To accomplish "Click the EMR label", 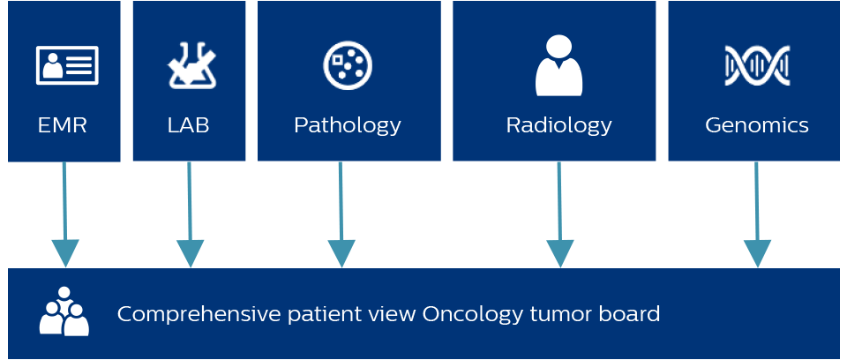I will click(x=63, y=125).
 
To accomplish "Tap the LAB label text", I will click(x=189, y=125).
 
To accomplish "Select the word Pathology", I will click(x=348, y=125).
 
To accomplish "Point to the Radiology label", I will click(x=558, y=125).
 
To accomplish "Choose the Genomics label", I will click(x=757, y=125).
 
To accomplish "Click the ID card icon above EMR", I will click(x=66, y=65).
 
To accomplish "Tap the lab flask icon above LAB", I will click(x=191, y=65).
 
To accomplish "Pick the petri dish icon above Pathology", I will click(x=348, y=65).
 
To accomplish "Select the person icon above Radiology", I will click(x=558, y=65).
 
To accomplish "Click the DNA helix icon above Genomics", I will click(x=757, y=65).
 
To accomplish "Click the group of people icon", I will click(x=64, y=312).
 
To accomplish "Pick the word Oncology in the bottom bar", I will click(x=463, y=314).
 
